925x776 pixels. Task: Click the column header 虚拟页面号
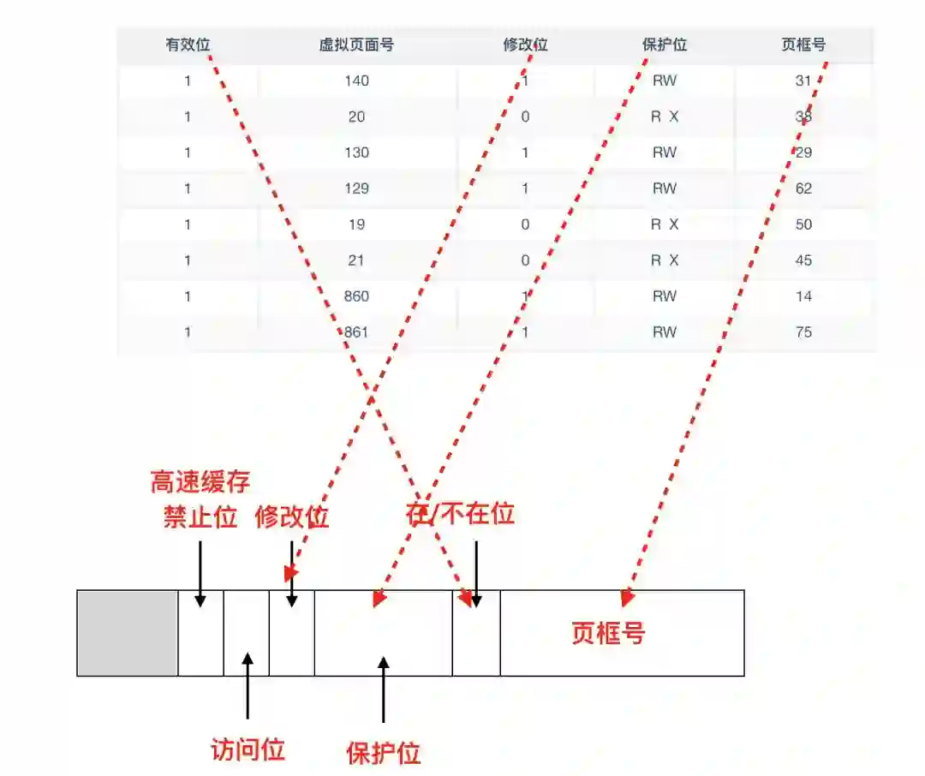[356, 45]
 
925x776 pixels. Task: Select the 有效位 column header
[188, 45]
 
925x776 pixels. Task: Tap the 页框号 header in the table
[803, 45]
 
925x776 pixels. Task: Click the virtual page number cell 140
[357, 81]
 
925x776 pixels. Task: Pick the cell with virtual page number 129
[357, 188]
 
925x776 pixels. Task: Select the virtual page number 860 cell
[357, 296]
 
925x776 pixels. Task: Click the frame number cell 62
[803, 188]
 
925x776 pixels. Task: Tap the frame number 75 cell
[803, 332]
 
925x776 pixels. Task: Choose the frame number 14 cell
[803, 296]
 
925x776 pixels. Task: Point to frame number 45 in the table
[803, 260]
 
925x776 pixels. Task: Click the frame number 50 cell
[803, 224]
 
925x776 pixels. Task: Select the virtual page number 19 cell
[357, 224]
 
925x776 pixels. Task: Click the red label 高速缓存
[200, 482]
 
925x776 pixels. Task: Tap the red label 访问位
[248, 749]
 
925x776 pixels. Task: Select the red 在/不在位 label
[460, 513]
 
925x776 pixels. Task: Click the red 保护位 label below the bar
[384, 753]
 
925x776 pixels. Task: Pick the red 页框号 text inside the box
[608, 633]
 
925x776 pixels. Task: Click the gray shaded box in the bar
[128, 633]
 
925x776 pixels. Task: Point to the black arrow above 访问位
[248, 685]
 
